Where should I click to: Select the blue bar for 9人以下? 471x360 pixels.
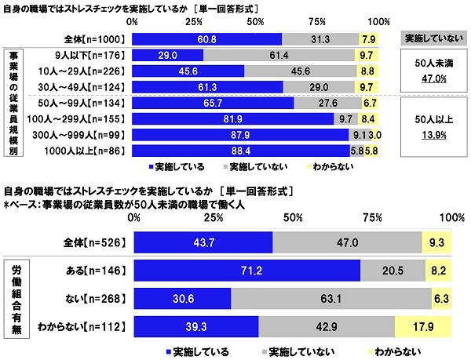(x=167, y=56)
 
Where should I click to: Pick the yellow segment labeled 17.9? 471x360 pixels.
(x=423, y=325)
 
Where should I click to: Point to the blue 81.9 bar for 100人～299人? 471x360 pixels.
(x=233, y=118)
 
